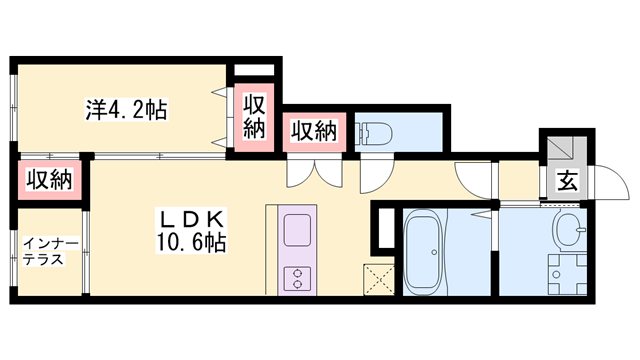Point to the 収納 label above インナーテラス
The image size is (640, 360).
[x=49, y=180]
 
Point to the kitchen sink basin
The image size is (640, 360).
[x=298, y=231]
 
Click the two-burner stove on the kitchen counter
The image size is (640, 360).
[x=297, y=277]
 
